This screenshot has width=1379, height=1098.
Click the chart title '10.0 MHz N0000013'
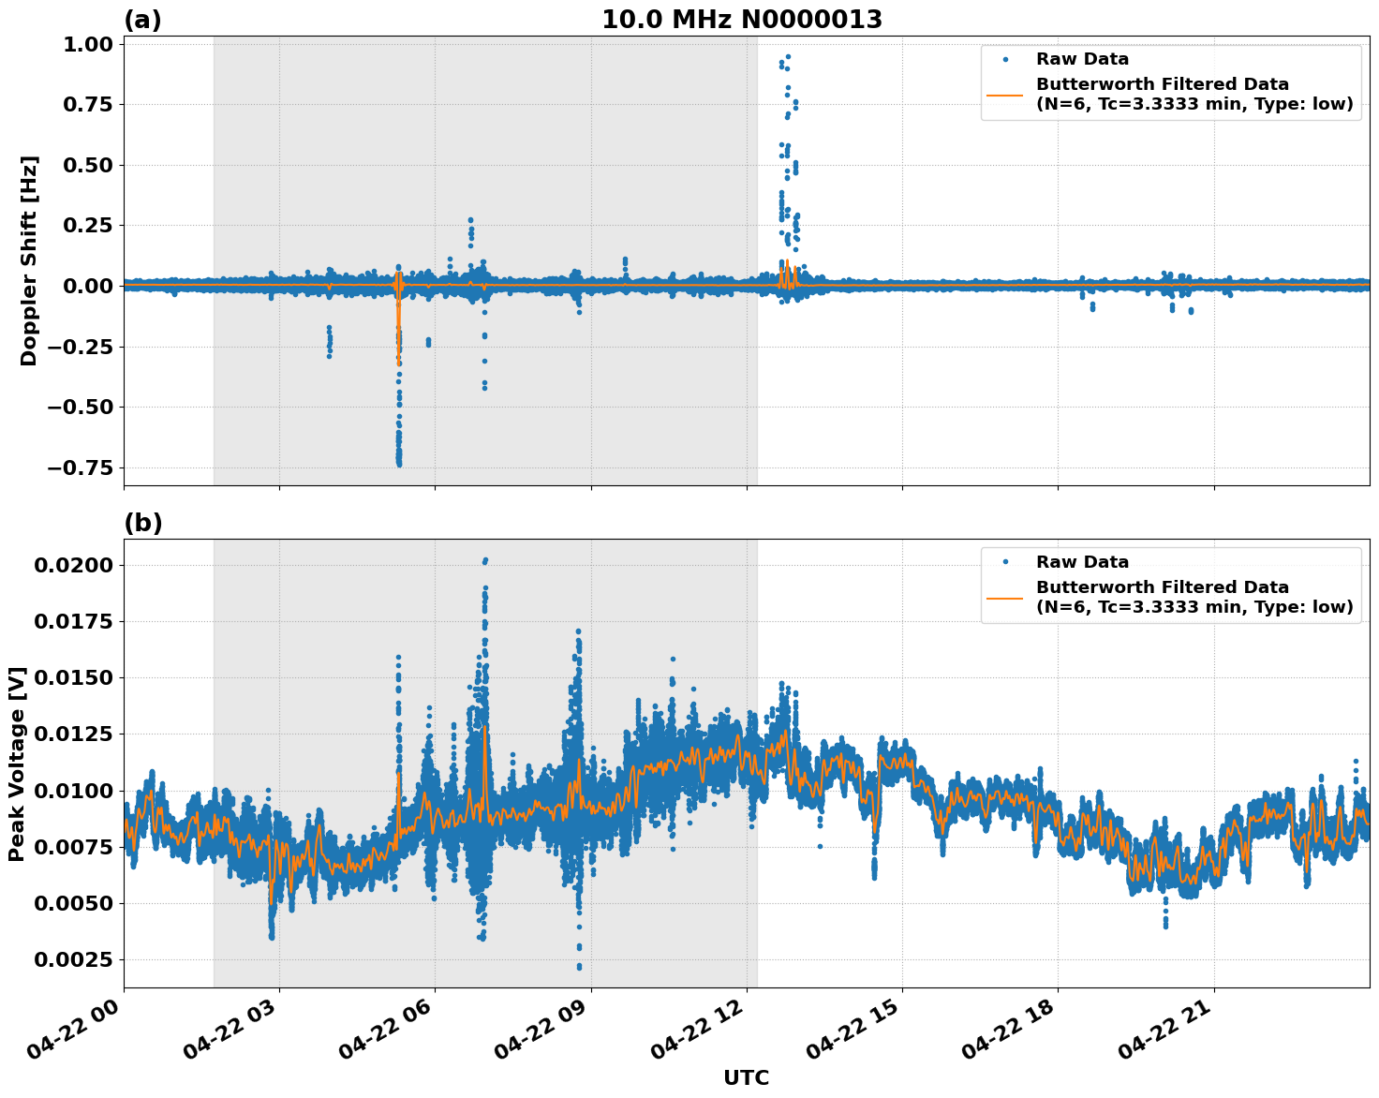point(741,19)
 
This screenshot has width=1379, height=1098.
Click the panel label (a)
point(142,20)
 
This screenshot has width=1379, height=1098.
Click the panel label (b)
point(142,523)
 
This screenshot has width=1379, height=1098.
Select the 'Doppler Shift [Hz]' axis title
point(29,260)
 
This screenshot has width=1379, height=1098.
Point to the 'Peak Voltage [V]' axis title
point(17,764)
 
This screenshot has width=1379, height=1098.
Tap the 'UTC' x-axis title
point(746,1077)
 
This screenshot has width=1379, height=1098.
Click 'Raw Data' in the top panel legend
point(1082,59)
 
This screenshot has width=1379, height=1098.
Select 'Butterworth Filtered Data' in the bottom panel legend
point(1162,587)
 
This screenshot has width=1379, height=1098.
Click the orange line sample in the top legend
point(1005,95)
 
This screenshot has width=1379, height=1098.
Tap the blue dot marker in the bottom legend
point(1005,562)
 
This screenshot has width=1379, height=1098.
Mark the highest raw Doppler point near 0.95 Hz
point(788,57)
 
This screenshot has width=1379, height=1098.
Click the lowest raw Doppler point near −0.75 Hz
point(398,464)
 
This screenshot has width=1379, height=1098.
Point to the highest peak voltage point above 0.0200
point(485,560)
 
